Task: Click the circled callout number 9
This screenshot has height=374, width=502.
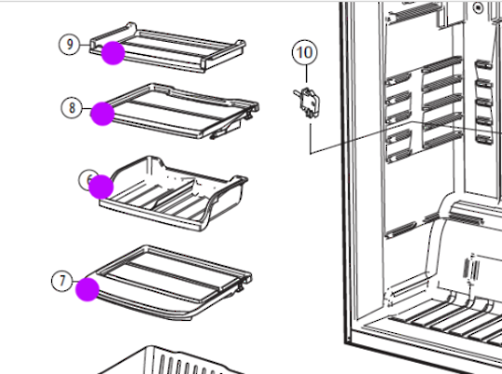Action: [x=71, y=44]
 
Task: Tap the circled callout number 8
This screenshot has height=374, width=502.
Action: [x=73, y=107]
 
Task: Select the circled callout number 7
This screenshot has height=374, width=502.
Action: [x=63, y=279]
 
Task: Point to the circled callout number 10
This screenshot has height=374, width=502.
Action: [x=304, y=52]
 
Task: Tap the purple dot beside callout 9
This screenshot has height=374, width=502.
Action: [x=113, y=53]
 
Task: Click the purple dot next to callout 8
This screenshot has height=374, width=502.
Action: [x=103, y=114]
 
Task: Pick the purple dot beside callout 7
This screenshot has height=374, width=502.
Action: [x=87, y=289]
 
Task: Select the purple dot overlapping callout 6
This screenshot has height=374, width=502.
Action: [x=102, y=186]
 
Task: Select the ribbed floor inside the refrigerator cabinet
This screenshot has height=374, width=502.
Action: [x=437, y=321]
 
